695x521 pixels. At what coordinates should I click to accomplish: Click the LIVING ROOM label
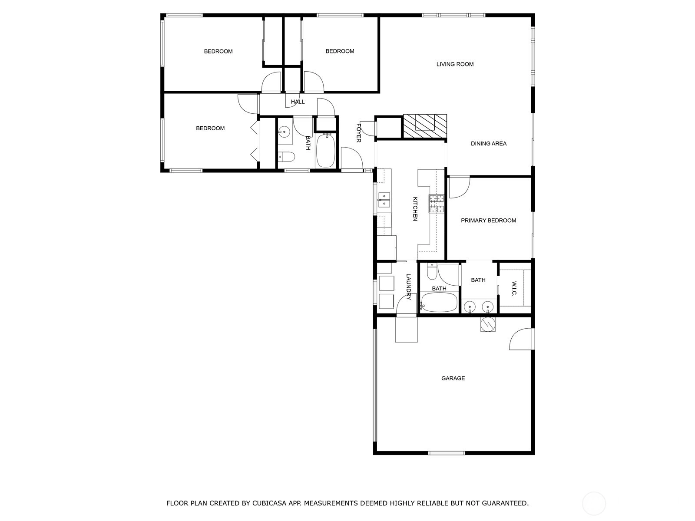pos(455,64)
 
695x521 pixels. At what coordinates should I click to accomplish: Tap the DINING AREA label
pos(488,144)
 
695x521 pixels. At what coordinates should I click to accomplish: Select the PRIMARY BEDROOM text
pos(488,221)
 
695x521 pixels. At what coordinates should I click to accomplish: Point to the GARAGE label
pos(453,378)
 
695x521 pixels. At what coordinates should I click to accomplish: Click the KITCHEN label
pos(415,209)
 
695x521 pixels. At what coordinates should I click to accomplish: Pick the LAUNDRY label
pos(408,287)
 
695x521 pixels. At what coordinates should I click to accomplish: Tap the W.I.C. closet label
pos(514,288)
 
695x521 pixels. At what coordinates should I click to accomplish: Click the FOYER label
pos(359,133)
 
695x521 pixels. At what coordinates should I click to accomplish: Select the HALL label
pos(298,102)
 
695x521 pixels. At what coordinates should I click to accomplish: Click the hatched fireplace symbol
pos(424,126)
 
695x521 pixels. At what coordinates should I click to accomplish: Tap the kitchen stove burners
pos(436,203)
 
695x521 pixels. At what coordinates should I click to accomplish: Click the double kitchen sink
pos(384,200)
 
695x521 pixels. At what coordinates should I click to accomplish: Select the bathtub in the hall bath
pos(325,151)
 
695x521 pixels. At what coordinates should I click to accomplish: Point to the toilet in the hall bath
pos(287,156)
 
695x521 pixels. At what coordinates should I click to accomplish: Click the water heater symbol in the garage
pos(488,324)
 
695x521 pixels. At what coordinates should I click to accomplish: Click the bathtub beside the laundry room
pos(439,302)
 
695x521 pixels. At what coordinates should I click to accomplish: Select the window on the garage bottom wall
pos(447,453)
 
